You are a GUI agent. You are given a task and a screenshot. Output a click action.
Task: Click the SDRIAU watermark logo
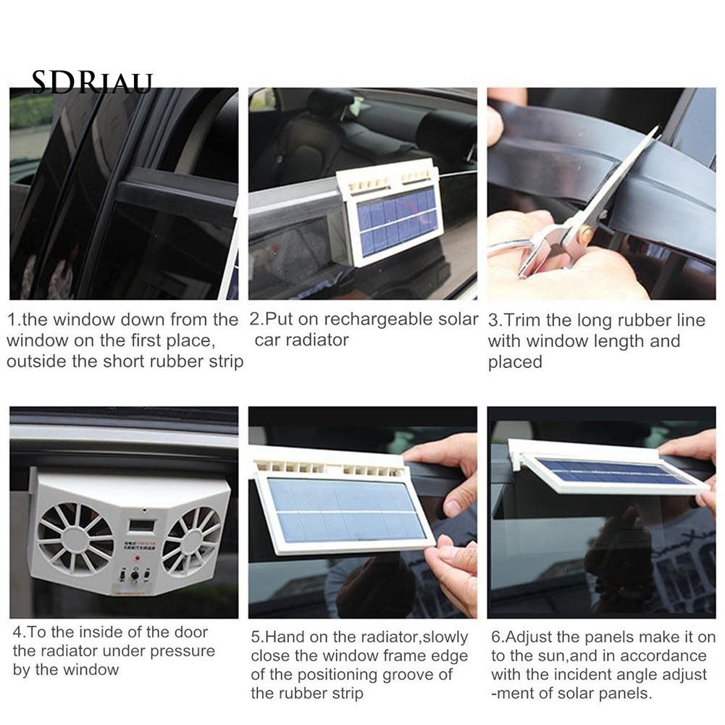tap(91, 83)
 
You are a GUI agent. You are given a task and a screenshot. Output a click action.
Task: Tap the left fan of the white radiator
tap(75, 541)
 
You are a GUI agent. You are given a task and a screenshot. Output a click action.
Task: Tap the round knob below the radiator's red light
tap(135, 576)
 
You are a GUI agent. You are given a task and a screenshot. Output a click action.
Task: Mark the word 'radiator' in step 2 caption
tap(317, 340)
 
